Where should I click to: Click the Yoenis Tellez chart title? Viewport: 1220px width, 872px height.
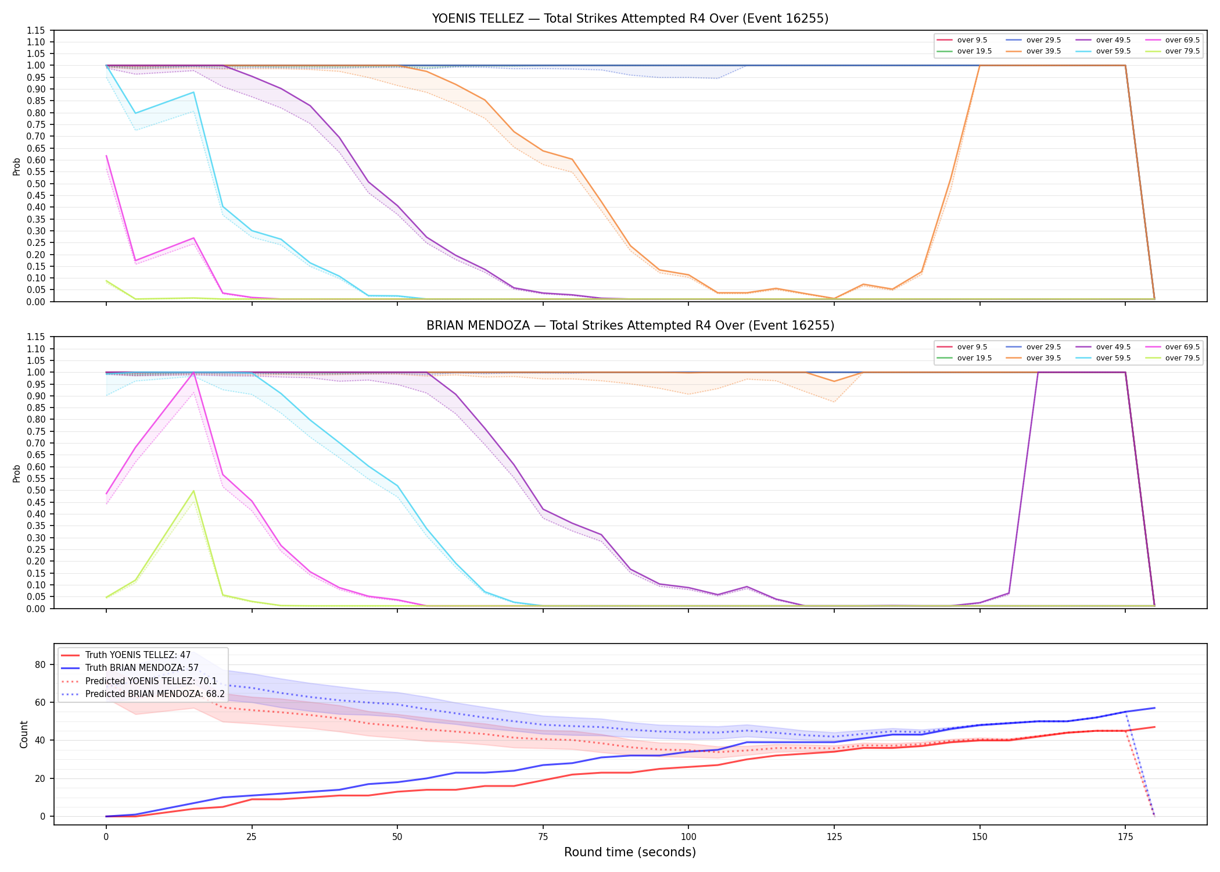pos(630,19)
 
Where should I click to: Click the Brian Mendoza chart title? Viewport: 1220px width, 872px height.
pos(630,326)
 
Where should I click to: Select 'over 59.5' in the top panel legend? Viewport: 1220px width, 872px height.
pos(1113,51)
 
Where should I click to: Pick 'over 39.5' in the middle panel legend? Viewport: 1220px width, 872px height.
pos(1043,358)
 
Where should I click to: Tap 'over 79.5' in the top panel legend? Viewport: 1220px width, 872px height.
pos(1182,51)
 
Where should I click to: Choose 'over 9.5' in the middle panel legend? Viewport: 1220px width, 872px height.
pos(972,347)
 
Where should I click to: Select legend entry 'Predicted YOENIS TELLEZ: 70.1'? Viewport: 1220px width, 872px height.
pos(151,681)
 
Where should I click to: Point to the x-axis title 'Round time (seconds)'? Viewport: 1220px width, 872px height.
pos(630,852)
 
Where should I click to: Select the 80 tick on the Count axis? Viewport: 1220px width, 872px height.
pos(40,664)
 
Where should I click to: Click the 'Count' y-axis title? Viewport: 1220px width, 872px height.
pos(24,734)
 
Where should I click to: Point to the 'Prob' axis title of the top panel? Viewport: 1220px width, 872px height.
pos(17,167)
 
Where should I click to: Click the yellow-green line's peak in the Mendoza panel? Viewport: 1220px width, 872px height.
pos(193,491)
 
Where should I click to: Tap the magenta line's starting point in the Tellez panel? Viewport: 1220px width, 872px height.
pos(106,156)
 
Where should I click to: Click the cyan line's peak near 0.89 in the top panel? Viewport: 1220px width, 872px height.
pos(193,92)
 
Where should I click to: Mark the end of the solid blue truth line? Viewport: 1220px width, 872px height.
pos(1154,708)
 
